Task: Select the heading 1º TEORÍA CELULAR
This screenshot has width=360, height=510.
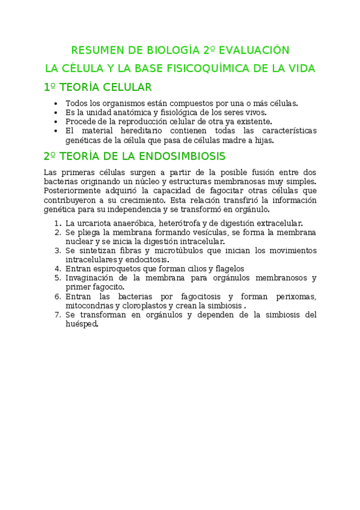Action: [98, 87]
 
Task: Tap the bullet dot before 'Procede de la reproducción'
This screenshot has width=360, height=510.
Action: [56, 121]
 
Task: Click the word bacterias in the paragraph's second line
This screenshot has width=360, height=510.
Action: [62, 182]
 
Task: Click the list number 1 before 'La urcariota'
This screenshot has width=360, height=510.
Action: [57, 223]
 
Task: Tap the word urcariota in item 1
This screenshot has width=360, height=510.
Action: [97, 223]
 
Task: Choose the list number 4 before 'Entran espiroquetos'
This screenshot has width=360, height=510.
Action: [57, 269]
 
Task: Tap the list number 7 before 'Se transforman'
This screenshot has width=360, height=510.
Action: [57, 315]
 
